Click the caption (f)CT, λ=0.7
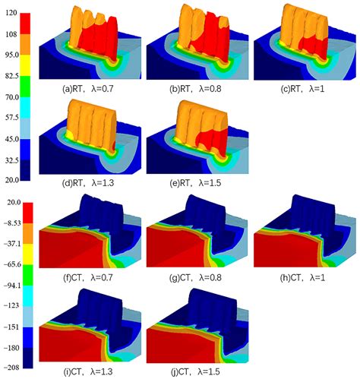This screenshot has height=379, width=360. click(x=93, y=275)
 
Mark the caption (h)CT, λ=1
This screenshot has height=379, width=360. click(x=299, y=275)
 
